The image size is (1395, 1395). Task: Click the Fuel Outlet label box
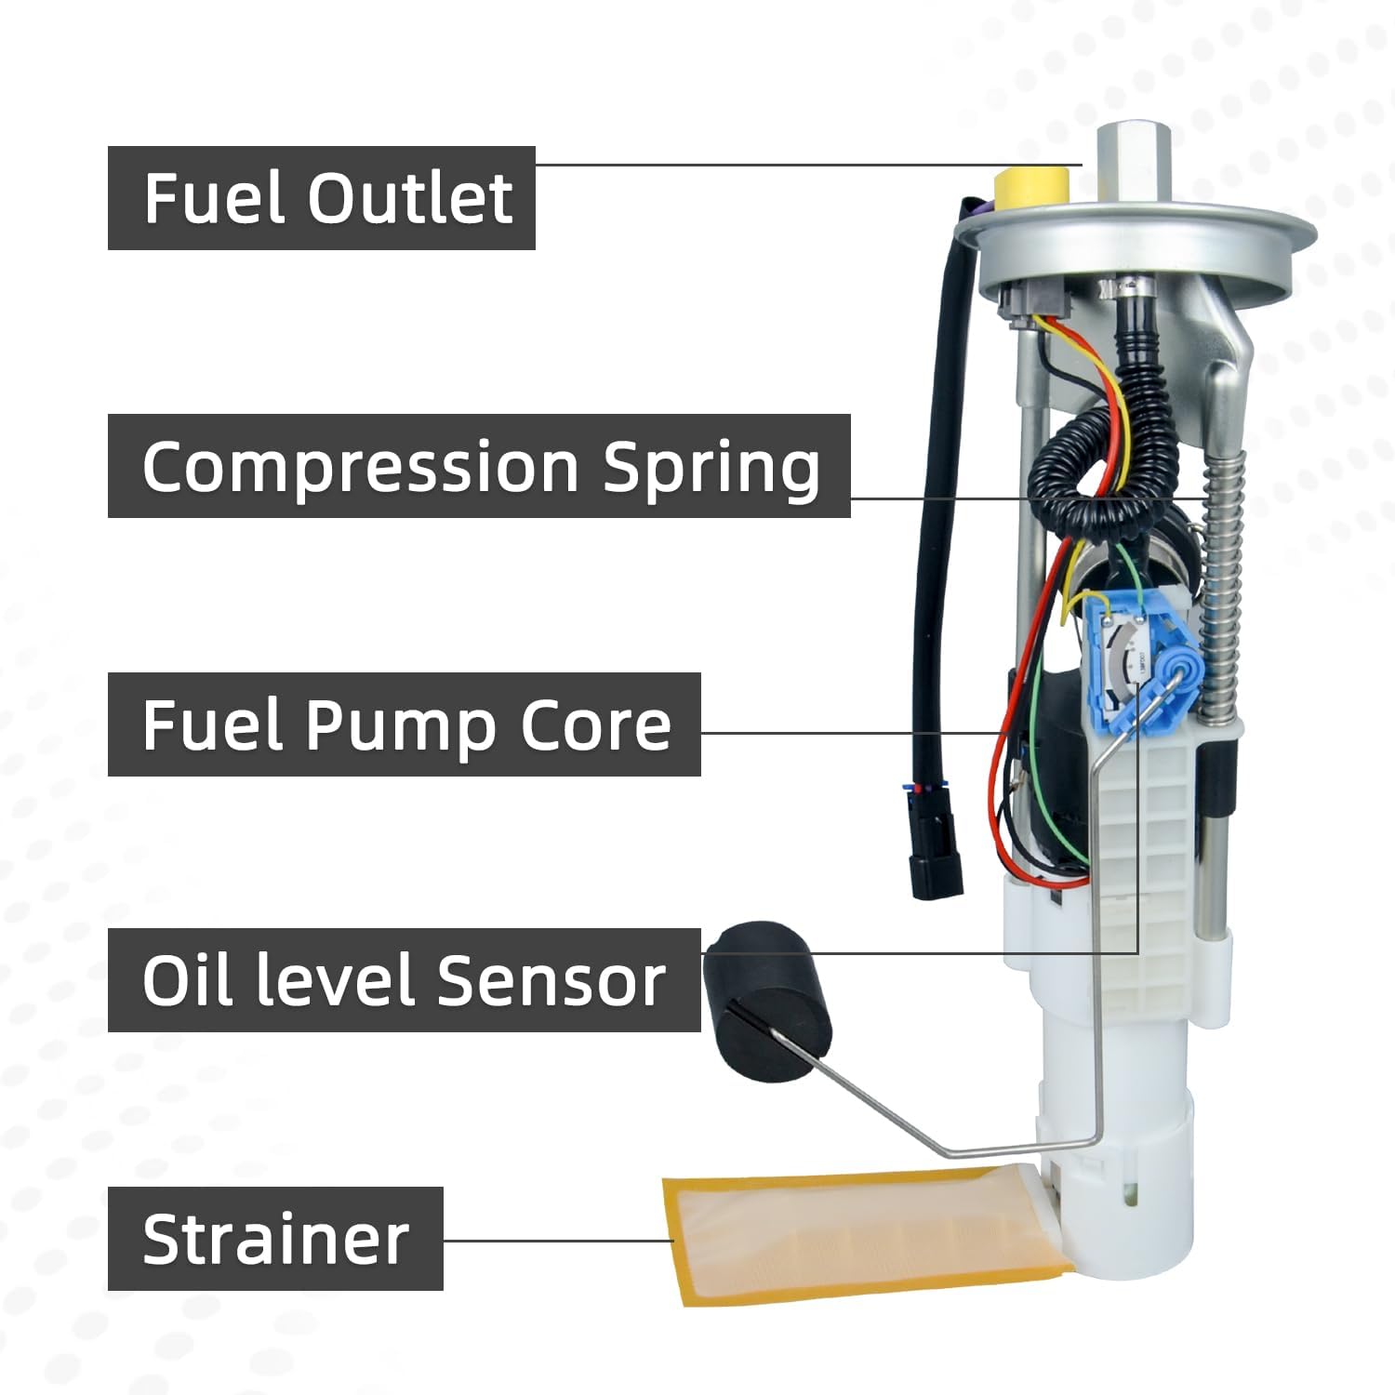coord(321,198)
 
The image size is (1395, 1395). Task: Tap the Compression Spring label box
coord(479,466)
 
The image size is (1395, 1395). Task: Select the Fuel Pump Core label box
coord(404,724)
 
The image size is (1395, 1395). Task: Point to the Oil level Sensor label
coord(404,980)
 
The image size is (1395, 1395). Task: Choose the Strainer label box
coord(275,1239)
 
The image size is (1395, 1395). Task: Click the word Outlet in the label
coord(410,198)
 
